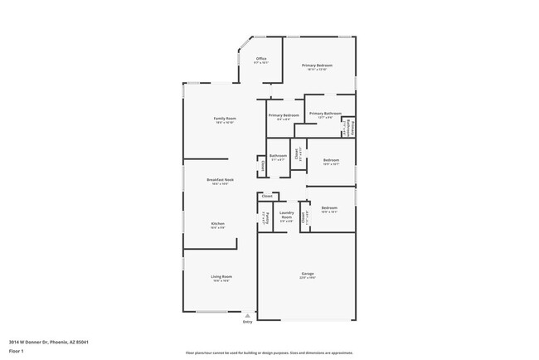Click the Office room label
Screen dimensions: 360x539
[261, 59]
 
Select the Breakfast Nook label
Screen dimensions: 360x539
[220, 179]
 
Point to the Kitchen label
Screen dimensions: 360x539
[217, 224]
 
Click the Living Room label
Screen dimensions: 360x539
[222, 276]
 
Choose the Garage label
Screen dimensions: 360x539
[307, 274]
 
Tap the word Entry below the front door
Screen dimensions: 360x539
[246, 322]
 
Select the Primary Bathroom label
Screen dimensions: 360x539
[325, 113]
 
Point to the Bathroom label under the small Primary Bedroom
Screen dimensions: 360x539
[278, 155]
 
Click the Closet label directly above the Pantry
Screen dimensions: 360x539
[267, 196]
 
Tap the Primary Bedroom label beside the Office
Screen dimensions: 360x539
[317, 66]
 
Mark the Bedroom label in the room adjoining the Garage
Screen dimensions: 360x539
[329, 208]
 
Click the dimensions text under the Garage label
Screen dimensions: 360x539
[307, 279]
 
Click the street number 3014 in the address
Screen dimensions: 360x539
[15, 342]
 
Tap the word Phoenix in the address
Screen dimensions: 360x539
[59, 342]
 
